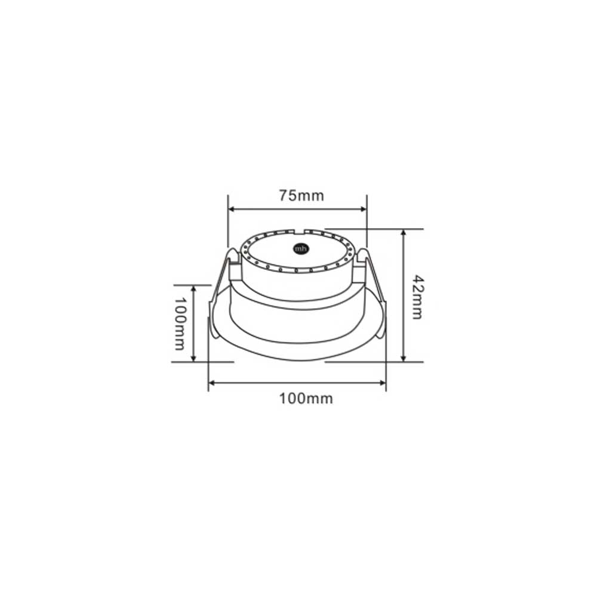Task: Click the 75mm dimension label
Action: tap(301, 196)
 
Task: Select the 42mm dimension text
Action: tap(418, 297)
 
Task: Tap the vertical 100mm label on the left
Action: tap(180, 324)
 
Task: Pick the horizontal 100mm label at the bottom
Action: tap(306, 399)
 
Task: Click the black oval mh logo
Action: tap(301, 249)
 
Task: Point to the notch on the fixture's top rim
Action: tap(300, 232)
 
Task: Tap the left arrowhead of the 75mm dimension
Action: tap(232, 208)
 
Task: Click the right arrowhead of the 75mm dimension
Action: tap(363, 208)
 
